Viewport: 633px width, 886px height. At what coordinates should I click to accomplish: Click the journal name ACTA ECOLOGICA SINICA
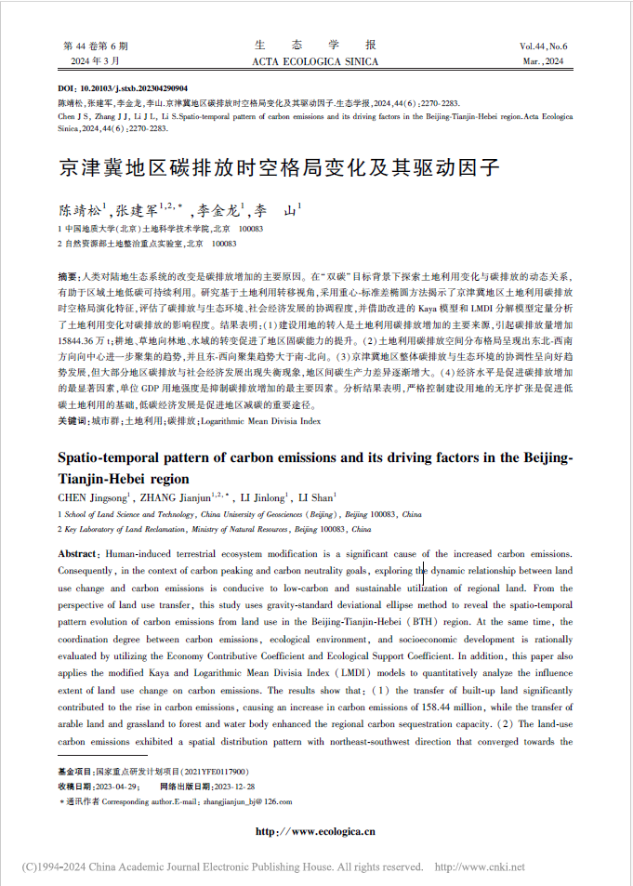click(x=315, y=62)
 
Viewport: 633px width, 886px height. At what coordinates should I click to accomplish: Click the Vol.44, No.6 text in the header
click(x=544, y=46)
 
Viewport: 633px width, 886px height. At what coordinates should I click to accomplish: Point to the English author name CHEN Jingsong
click(x=89, y=498)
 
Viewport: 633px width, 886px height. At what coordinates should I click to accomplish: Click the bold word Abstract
click(x=78, y=554)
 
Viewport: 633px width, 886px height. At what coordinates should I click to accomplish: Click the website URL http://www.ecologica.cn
click(x=315, y=831)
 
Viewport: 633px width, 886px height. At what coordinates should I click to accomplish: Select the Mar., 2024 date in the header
click(x=544, y=62)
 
